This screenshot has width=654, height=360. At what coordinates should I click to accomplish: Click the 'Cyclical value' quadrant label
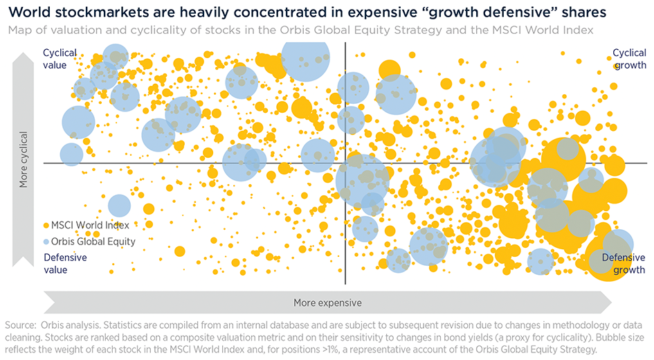tap(60, 58)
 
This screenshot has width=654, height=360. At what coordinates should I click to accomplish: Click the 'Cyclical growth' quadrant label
tap(629, 59)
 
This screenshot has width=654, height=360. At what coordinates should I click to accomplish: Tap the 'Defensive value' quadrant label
tap(65, 263)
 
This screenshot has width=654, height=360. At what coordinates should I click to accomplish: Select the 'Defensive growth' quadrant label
tap(623, 263)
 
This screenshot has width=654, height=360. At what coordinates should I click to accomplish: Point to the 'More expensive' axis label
tap(327, 303)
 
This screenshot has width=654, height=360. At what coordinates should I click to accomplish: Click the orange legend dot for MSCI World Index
tap(46, 225)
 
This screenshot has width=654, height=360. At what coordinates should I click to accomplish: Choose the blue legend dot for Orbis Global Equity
tap(46, 242)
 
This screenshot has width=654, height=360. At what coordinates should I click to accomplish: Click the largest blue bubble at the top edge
tap(305, 57)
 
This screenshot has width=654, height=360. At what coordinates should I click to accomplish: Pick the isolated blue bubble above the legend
tap(119, 206)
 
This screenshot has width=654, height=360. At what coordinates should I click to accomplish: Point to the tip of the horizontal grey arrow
tap(611, 303)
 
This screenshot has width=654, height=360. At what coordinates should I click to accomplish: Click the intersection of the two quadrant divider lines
tap(345, 163)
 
